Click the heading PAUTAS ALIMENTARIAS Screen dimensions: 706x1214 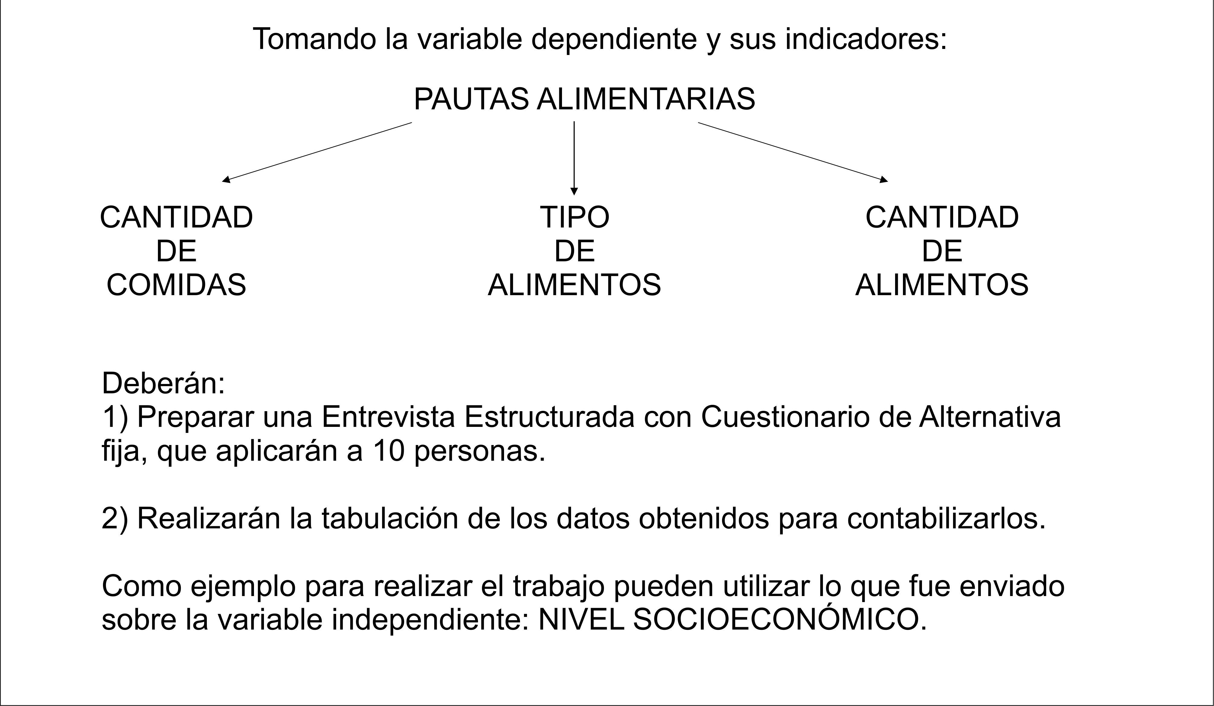pyautogui.click(x=584, y=99)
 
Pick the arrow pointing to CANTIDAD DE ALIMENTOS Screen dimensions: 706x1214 pyautogui.click(x=792, y=152)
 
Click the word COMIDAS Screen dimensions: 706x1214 pyautogui.click(x=176, y=285)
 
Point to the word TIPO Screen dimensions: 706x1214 pyautogui.click(x=574, y=217)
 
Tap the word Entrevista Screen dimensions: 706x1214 pyautogui.click(x=388, y=417)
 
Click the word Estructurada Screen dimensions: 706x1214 pyautogui.click(x=549, y=417)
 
